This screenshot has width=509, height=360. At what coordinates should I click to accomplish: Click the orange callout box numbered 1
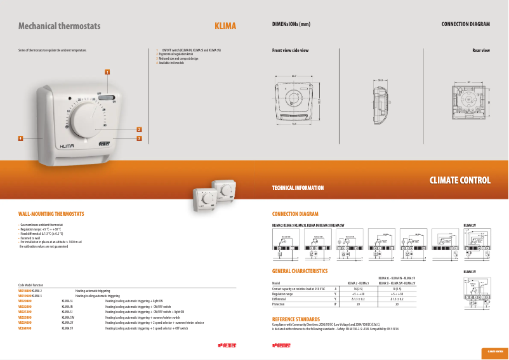pos(108,72)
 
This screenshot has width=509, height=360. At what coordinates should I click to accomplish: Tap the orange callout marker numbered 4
pos(21,137)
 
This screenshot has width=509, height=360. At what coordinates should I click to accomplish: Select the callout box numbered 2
pos(139,130)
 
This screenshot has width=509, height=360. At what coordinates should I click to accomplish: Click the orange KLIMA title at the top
pos(225,26)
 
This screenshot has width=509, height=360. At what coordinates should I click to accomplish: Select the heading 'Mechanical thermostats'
pos(59,26)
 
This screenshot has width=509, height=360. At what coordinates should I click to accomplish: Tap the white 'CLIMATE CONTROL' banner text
pos(460,180)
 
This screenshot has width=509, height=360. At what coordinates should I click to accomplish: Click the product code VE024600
pos(25,323)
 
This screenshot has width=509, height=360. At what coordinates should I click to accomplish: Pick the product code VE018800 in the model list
pos(25,290)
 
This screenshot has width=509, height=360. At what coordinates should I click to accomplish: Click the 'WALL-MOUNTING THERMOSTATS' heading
pos(51,214)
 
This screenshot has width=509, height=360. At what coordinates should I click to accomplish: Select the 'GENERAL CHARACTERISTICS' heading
pos(300,271)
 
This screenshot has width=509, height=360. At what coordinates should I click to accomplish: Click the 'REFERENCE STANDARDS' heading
pos(296,319)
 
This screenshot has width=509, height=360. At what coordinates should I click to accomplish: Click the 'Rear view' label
pos(481,50)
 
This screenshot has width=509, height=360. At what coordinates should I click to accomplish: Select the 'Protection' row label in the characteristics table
pos(280,304)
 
